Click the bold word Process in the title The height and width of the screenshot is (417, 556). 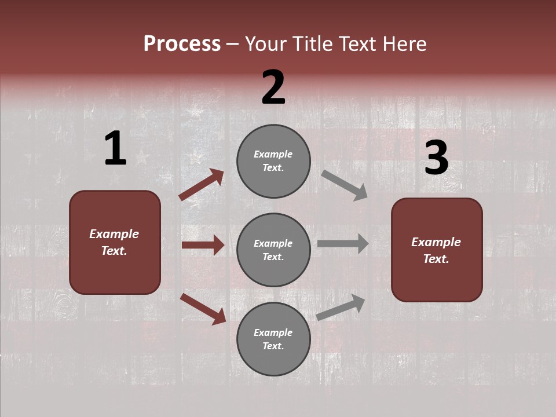(182, 43)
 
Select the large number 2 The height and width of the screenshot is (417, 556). (273, 87)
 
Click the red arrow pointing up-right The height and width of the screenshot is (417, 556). (201, 185)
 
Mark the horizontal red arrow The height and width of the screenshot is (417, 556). (203, 245)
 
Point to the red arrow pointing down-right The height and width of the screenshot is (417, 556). (203, 309)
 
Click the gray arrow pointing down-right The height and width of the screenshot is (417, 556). (344, 185)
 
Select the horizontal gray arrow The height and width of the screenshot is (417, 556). (343, 244)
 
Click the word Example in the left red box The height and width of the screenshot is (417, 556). (114, 234)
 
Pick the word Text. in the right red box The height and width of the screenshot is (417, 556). (436, 259)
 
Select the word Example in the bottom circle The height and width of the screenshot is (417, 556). (273, 332)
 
